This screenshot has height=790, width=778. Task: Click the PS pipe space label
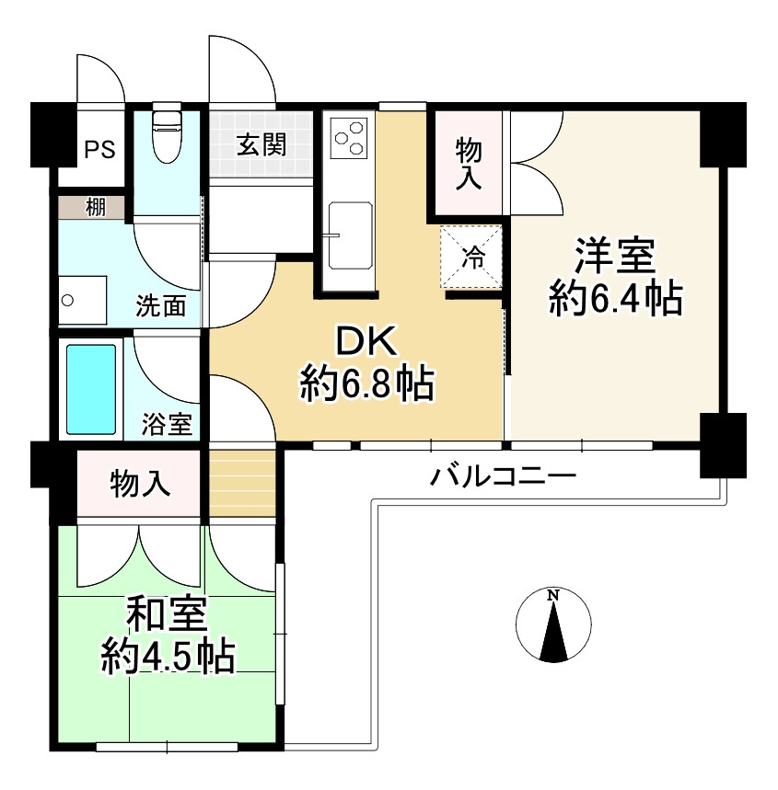(x=100, y=149)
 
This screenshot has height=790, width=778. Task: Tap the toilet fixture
(x=167, y=133)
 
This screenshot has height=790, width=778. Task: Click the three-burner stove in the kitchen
(x=351, y=140)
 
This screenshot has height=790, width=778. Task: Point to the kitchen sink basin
(x=351, y=235)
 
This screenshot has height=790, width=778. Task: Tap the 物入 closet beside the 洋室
(x=469, y=162)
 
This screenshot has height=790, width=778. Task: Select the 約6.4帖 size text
(x=615, y=300)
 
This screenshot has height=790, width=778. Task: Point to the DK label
(x=366, y=342)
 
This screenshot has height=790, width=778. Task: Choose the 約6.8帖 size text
(x=366, y=384)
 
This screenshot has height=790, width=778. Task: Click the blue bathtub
(x=91, y=389)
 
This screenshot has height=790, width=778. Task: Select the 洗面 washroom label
(x=162, y=305)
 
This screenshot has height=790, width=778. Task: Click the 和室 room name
(x=167, y=613)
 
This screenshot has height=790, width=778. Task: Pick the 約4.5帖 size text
(x=167, y=656)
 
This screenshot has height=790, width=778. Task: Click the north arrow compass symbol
(x=553, y=625)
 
